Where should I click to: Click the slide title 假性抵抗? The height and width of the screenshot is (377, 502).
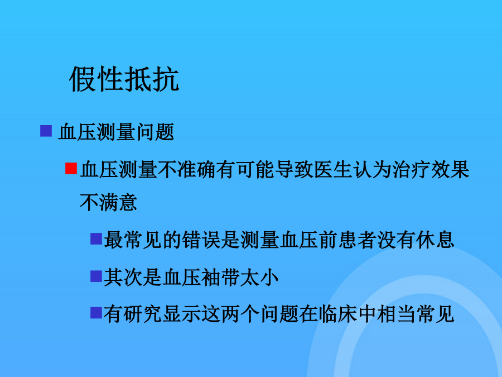(x=124, y=79)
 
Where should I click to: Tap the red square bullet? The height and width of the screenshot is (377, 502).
(x=71, y=169)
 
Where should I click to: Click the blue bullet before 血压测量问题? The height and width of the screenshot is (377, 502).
(x=46, y=131)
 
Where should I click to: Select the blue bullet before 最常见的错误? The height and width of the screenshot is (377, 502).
(x=96, y=239)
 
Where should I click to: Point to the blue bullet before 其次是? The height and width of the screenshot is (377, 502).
(x=96, y=276)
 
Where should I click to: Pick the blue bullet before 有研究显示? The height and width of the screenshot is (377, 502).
(x=96, y=313)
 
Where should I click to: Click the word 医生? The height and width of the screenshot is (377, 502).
(x=334, y=170)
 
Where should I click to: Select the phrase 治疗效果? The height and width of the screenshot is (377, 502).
(x=431, y=170)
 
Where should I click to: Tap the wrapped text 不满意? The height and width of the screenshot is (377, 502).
(x=109, y=202)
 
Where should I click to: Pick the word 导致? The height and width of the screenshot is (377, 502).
(x=294, y=170)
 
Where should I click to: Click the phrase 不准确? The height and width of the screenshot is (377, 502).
(x=187, y=170)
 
